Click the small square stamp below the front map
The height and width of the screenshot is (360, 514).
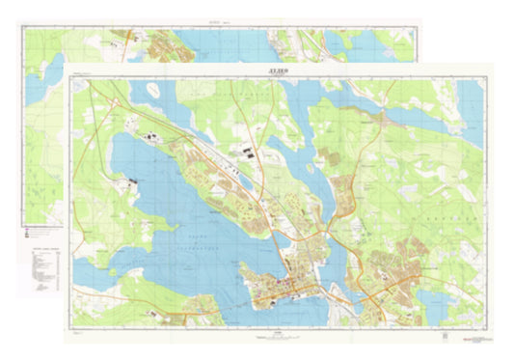(x=445, y=337)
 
